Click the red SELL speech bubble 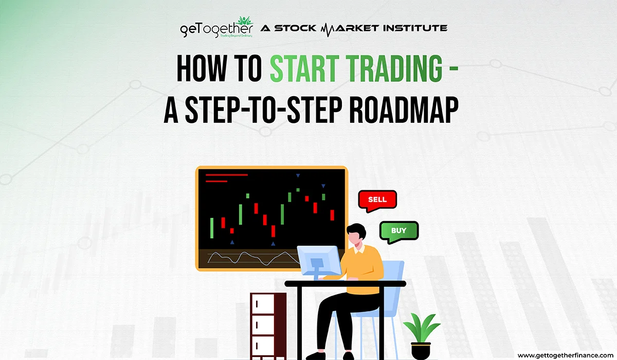(x=377, y=200)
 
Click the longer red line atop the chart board (x=226, y=175)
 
